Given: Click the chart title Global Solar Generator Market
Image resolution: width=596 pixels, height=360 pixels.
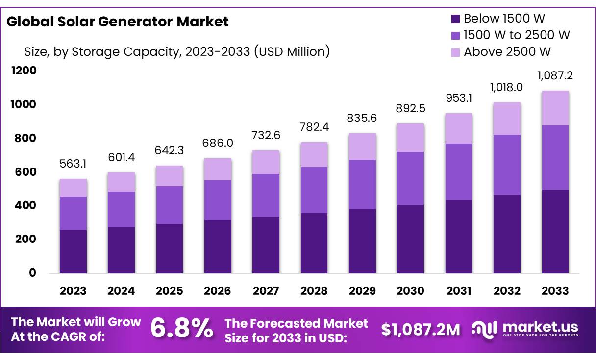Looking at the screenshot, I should [118, 22].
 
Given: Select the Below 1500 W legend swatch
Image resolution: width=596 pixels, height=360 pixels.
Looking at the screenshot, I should [455, 19].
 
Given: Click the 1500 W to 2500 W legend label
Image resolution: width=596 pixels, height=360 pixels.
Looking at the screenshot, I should [517, 35].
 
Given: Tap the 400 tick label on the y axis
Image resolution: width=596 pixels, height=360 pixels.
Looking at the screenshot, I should [25, 206].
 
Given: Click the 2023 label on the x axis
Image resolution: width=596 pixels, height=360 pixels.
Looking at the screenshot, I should [73, 291].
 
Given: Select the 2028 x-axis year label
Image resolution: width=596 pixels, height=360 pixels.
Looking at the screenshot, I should [314, 291].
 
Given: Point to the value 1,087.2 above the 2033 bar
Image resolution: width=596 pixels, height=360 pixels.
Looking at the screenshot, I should [555, 76].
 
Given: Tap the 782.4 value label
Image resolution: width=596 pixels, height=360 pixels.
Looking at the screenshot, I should [314, 127].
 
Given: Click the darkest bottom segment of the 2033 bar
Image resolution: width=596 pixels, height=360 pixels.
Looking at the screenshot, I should [555, 231].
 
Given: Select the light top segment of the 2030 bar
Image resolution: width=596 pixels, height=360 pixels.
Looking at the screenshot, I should [410, 138].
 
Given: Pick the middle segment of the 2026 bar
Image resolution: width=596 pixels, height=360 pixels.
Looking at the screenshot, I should [218, 200].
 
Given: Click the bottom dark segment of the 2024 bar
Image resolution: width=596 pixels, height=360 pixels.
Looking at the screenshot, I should [121, 250].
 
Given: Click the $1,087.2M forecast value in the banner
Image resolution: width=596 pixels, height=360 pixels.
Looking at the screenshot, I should [421, 330].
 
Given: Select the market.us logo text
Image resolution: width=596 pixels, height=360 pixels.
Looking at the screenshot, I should [540, 327].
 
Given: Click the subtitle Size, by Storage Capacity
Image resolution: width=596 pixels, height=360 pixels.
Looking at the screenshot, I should [176, 51].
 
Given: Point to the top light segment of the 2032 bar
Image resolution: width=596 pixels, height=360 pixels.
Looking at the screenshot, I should [507, 119].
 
